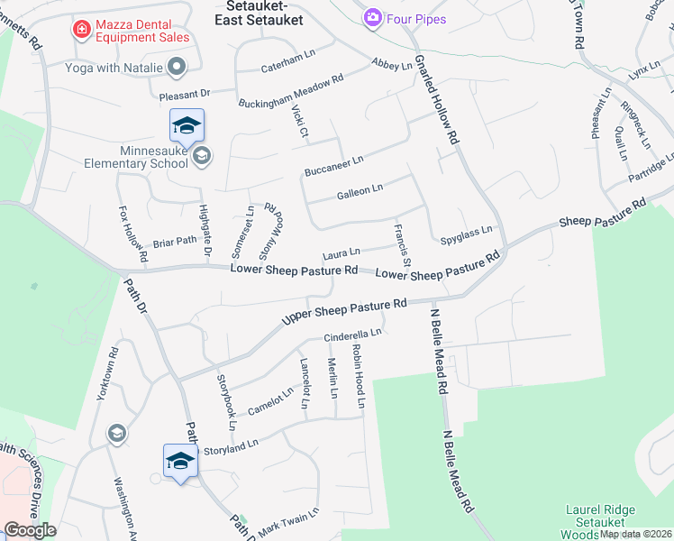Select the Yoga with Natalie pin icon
(177, 66)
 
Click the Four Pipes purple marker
(371, 17)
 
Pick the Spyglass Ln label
(467, 236)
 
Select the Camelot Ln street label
(270, 401)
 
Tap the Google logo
(29, 530)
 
